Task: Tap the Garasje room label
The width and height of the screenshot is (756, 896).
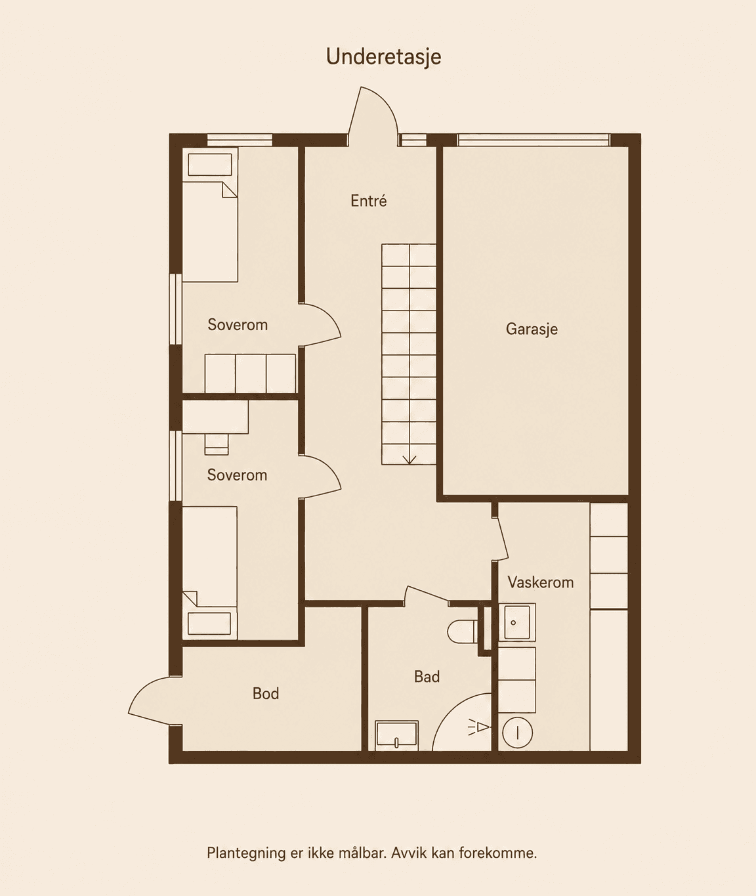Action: pyautogui.click(x=532, y=329)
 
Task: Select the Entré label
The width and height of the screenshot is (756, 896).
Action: pyautogui.click(x=369, y=200)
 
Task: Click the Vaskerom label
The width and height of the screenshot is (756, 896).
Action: pyautogui.click(x=541, y=582)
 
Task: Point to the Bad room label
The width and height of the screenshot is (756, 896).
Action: pyautogui.click(x=427, y=677)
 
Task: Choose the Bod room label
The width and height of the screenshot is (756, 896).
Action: pyautogui.click(x=266, y=693)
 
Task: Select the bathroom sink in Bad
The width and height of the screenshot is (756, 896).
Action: pyautogui.click(x=396, y=736)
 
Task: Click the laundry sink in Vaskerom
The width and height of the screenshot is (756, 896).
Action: pyautogui.click(x=517, y=622)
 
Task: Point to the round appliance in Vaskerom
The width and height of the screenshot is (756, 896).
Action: pyautogui.click(x=517, y=733)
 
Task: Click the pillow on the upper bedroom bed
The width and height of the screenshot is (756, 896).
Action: pyautogui.click(x=210, y=164)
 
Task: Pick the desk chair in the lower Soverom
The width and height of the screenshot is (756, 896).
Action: pyautogui.click(x=217, y=444)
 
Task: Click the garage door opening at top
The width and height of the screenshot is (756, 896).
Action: pyautogui.click(x=533, y=140)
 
